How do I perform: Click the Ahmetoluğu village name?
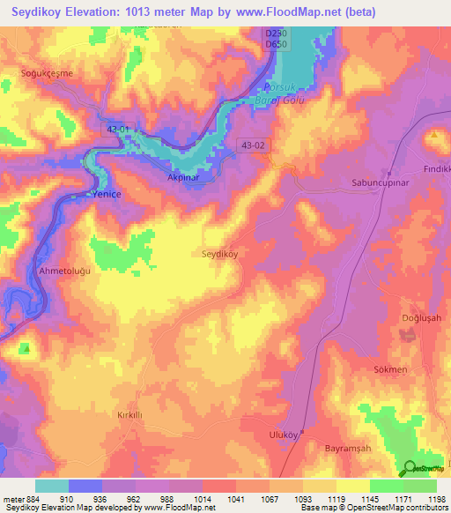click(x=64, y=271)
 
